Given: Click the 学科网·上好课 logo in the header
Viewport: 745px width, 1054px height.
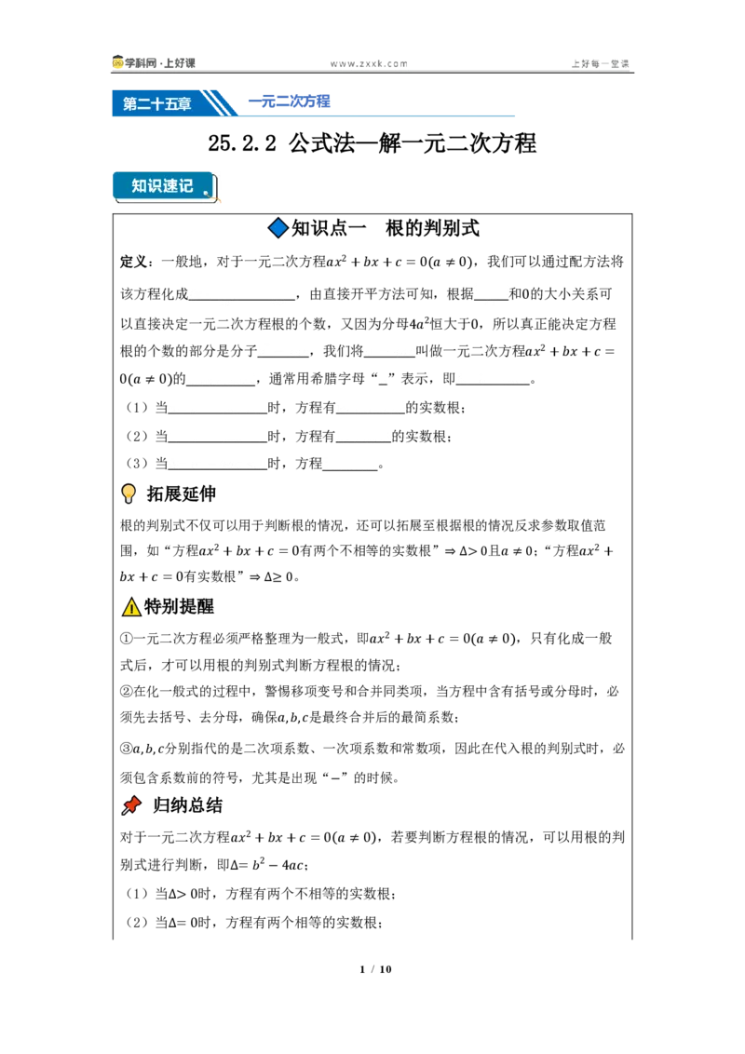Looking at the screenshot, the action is [x=154, y=62].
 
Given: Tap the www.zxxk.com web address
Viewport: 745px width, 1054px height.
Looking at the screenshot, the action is [x=369, y=64].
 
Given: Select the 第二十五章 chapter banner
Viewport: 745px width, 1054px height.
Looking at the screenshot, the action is [x=157, y=103].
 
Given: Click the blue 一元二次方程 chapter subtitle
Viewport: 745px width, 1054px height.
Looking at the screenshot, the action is [x=289, y=101].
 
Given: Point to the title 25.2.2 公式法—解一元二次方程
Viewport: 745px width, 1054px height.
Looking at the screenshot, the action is [x=372, y=142].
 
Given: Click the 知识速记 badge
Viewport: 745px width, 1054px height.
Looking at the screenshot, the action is [x=164, y=186].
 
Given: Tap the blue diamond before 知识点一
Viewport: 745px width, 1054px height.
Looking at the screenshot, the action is [x=278, y=228].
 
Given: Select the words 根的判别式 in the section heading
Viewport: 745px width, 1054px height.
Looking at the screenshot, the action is [x=432, y=228].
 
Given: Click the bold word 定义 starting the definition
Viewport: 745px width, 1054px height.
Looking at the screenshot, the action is [x=133, y=262].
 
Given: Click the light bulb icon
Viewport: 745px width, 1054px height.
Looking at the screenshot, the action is [x=129, y=493].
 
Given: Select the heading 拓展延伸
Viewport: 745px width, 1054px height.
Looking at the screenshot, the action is [x=182, y=493].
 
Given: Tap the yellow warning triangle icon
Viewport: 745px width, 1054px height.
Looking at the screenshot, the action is [x=131, y=607].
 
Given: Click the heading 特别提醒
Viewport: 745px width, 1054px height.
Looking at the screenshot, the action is [x=179, y=606].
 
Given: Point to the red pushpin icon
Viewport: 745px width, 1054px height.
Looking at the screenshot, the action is [x=131, y=805].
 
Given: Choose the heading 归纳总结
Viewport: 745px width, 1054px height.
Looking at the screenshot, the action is [x=187, y=805].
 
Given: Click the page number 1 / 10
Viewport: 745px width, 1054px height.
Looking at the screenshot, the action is [x=375, y=968].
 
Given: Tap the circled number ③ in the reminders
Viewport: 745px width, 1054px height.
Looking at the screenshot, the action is [x=127, y=749].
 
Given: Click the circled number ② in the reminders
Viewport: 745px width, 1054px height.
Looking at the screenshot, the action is [x=127, y=691].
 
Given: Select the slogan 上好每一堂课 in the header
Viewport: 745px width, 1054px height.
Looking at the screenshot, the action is [x=600, y=64].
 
